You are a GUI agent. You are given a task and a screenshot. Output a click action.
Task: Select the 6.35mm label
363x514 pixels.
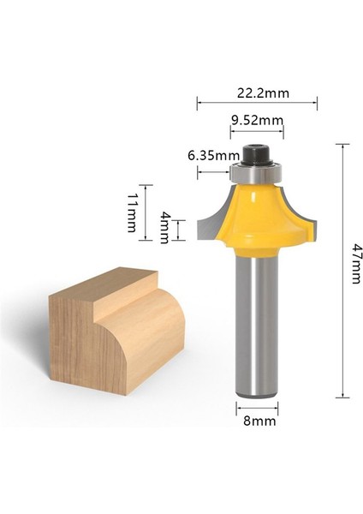[x=212, y=155]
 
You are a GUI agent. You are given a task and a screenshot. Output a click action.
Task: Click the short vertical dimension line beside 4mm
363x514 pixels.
[x=178, y=230]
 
